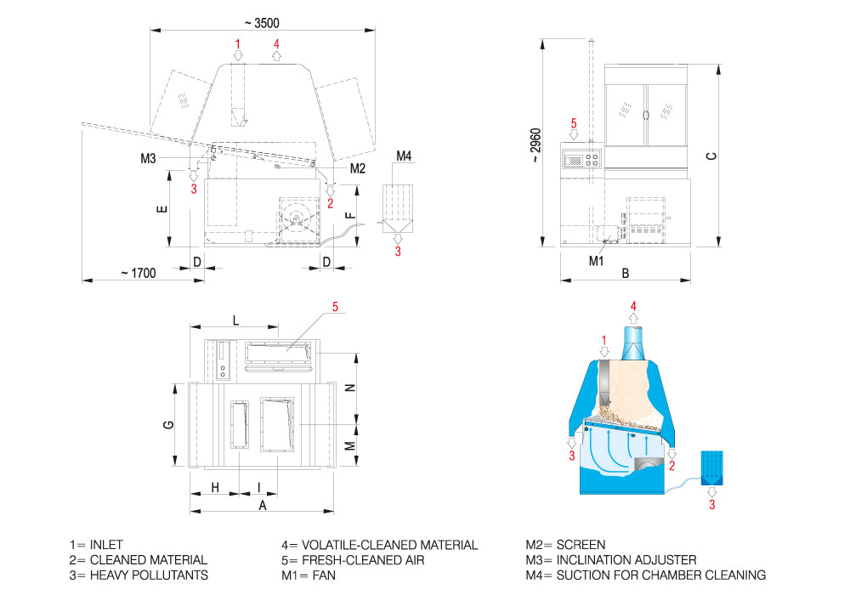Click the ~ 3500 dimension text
pyautogui.click(x=262, y=23)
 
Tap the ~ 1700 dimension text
pyautogui.click(x=139, y=273)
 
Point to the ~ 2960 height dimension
pyautogui.click(x=535, y=145)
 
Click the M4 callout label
pyautogui.click(x=404, y=156)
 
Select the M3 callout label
pyautogui.click(x=148, y=158)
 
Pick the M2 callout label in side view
pyautogui.click(x=358, y=168)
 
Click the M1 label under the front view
pyautogui.click(x=597, y=261)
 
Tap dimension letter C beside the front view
pyautogui.click(x=711, y=156)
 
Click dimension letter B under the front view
pyautogui.click(x=625, y=274)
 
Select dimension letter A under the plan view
pyautogui.click(x=263, y=506)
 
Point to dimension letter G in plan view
pyautogui.click(x=168, y=424)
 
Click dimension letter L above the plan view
pyautogui.click(x=235, y=320)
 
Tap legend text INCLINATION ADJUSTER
pyautogui.click(x=626, y=560)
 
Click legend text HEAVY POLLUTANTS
pyautogui.click(x=149, y=575)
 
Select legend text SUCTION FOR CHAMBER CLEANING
pyautogui.click(x=661, y=575)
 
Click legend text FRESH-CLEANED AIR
pyautogui.click(x=363, y=560)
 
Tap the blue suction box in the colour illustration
pyautogui.click(x=711, y=467)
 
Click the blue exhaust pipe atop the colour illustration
pyautogui.click(x=633, y=342)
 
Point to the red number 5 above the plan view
pyautogui.click(x=335, y=307)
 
